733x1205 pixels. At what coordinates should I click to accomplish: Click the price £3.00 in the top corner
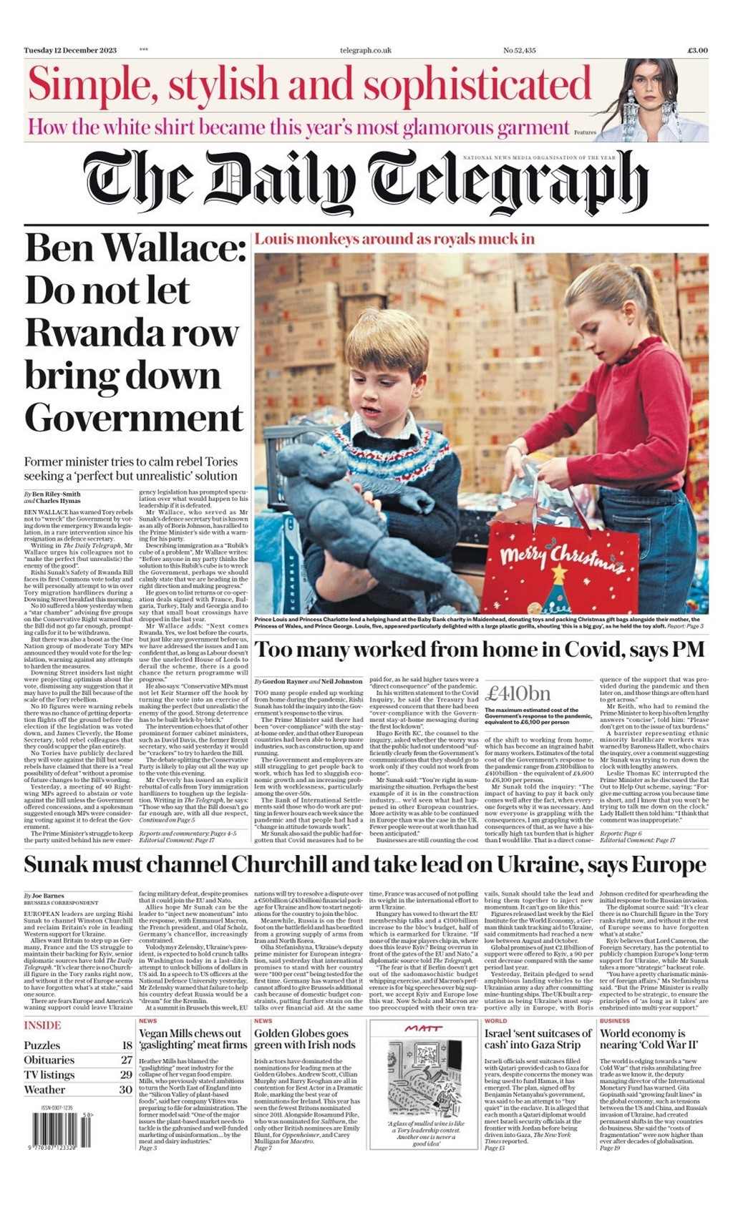[697, 50]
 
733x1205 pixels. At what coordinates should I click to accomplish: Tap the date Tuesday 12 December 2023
[70, 50]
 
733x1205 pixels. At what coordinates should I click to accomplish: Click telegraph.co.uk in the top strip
[365, 50]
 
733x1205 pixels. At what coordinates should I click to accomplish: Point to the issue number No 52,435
[519, 50]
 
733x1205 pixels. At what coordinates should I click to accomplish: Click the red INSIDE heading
[42, 1025]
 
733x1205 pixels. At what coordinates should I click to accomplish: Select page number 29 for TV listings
[126, 1075]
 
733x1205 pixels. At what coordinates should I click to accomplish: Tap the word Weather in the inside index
[44, 1090]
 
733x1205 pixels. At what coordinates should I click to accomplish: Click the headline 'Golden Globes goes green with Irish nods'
[305, 1039]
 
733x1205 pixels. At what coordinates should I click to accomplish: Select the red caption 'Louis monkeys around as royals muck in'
[394, 239]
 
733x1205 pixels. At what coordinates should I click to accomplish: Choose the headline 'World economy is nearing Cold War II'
[643, 1039]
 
